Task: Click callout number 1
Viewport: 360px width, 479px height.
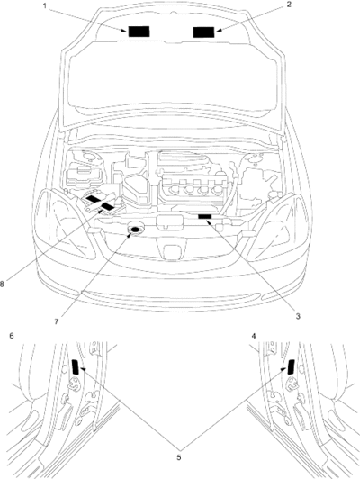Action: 45,5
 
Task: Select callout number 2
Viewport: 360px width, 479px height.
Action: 289,5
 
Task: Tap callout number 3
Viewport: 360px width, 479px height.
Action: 298,316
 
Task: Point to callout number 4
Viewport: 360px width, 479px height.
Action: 254,336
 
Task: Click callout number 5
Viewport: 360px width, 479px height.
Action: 179,457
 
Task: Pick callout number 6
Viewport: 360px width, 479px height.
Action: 12,336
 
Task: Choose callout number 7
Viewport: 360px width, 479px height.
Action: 57,322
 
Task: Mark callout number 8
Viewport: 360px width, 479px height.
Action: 2,285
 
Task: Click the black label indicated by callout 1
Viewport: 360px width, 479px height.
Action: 139,32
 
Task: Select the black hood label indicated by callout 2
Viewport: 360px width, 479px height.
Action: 203,32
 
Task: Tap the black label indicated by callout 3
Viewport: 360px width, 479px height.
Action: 205,216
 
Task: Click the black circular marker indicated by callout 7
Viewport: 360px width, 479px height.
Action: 136,230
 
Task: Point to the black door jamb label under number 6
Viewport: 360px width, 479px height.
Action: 75,366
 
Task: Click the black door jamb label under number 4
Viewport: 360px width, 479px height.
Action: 291,366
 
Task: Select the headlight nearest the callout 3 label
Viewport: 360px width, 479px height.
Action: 278,227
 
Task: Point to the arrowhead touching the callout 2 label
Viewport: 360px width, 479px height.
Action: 219,31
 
